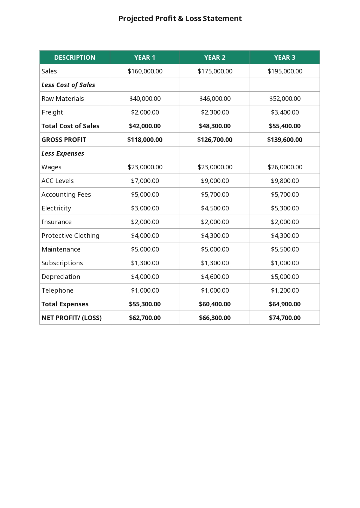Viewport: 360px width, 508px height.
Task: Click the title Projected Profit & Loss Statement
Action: pyautogui.click(x=180, y=19)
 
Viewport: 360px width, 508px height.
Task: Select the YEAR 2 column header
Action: pyautogui.click(x=215, y=58)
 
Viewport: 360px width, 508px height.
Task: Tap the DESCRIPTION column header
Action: pyautogui.click(x=75, y=58)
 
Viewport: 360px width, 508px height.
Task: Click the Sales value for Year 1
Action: pyautogui.click(x=145, y=71)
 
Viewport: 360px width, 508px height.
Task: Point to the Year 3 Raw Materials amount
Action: pyautogui.click(x=285, y=99)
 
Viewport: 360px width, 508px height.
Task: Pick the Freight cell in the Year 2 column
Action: pyautogui.click(x=215, y=112)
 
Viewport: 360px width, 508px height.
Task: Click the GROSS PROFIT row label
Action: pyautogui.click(x=64, y=140)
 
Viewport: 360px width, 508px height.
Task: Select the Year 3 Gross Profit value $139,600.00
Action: pyautogui.click(x=285, y=140)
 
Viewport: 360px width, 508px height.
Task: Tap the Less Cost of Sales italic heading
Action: pyautogui.click(x=68, y=85)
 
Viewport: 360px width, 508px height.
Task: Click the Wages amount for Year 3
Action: pyautogui.click(x=285, y=167)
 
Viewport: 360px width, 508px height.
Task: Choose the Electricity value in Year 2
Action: pyautogui.click(x=215, y=208)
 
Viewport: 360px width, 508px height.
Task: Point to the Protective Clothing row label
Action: pyautogui.click(x=70, y=236)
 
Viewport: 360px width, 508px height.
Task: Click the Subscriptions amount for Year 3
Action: pyautogui.click(x=285, y=263)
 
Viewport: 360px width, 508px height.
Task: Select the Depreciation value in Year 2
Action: pyautogui.click(x=215, y=277)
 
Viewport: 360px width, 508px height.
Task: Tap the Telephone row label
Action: pyautogui.click(x=57, y=291)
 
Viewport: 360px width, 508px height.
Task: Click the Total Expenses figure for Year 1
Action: pyautogui.click(x=145, y=304)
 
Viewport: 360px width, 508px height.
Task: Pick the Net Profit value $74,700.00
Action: pyautogui.click(x=285, y=318)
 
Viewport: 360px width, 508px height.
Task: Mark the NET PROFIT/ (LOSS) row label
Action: pyautogui.click(x=71, y=318)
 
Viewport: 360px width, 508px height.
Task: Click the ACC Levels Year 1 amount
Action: pyautogui.click(x=145, y=181)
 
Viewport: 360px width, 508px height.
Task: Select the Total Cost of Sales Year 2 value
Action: pyautogui.click(x=215, y=126)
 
